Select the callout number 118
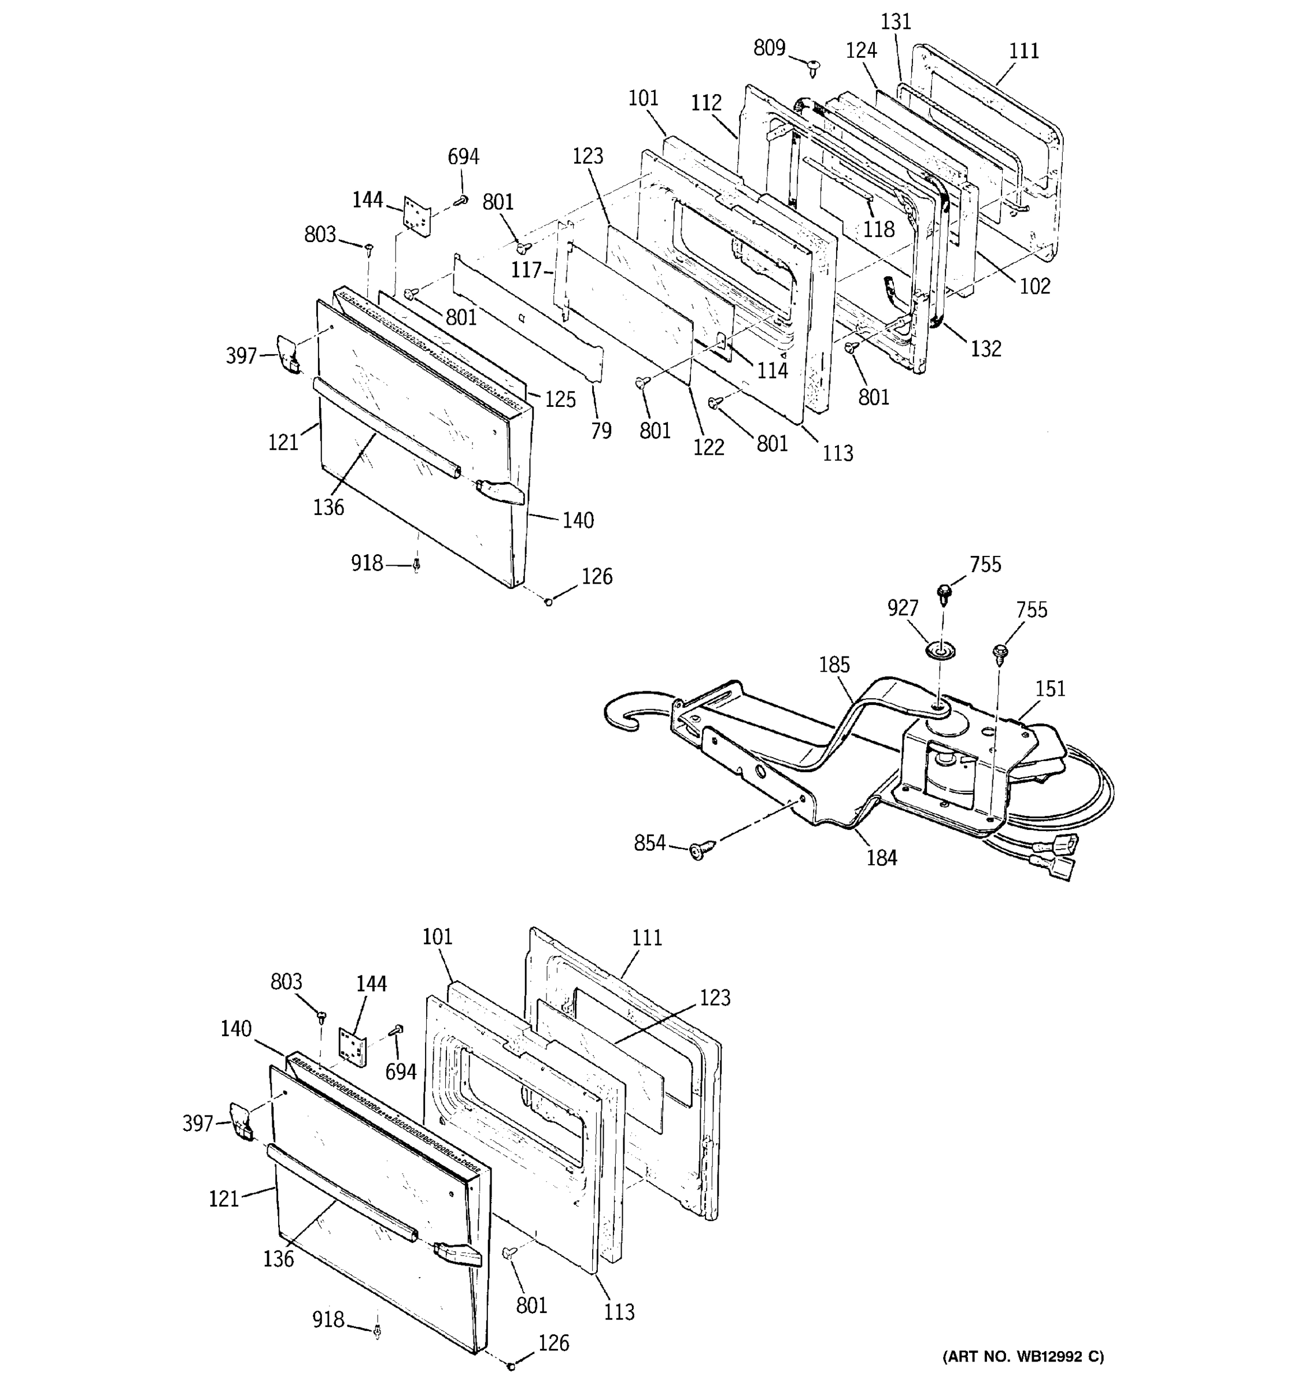(878, 229)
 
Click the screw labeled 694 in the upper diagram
(461, 200)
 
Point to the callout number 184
(882, 858)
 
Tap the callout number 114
(773, 370)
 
